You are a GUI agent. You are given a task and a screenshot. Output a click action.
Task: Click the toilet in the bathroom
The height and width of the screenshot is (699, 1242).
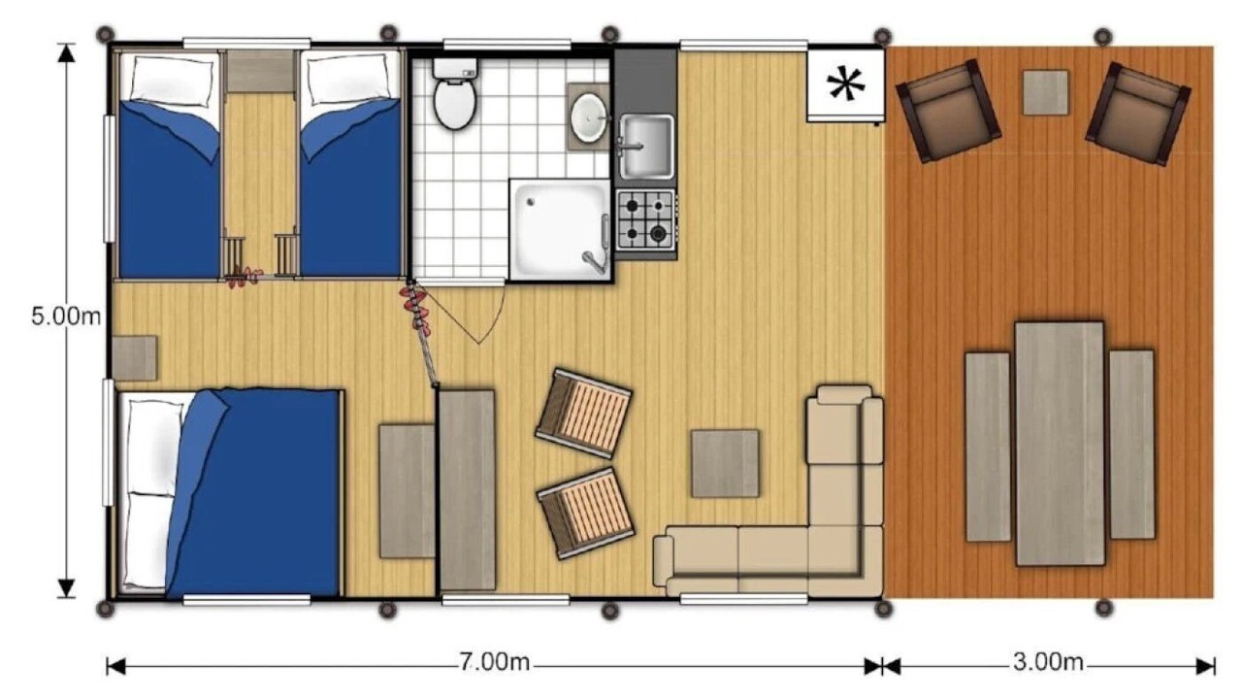pos(455,93)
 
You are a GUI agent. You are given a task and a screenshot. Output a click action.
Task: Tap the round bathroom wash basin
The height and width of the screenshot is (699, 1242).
pos(588,117)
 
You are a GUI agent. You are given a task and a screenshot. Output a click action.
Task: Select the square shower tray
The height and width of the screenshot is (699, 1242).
pos(561,230)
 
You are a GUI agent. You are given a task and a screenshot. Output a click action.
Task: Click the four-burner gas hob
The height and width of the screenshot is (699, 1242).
pos(645,219)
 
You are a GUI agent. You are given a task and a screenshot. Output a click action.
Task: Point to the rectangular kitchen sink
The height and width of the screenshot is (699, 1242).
pos(646,147)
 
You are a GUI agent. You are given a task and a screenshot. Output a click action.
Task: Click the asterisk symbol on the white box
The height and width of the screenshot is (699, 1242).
pos(845,84)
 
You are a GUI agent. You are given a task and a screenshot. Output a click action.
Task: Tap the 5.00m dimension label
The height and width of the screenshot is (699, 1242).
pos(66,316)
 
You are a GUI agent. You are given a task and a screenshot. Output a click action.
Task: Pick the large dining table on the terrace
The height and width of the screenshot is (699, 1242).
pos(1060,444)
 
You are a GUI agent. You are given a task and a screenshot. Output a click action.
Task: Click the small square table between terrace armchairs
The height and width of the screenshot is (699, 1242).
pos(1046,92)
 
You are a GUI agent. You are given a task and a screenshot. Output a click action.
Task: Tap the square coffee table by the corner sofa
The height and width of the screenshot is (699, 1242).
pos(725,463)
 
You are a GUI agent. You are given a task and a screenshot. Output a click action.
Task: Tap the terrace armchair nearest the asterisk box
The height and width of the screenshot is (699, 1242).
pos(948,111)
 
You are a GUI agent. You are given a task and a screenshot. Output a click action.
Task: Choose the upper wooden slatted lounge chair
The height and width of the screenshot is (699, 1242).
pos(583,414)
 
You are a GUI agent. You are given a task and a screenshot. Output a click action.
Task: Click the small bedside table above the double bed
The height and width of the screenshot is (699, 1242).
pos(135,358)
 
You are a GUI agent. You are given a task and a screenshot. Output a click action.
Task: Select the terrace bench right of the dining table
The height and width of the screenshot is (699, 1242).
pos(1131,444)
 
